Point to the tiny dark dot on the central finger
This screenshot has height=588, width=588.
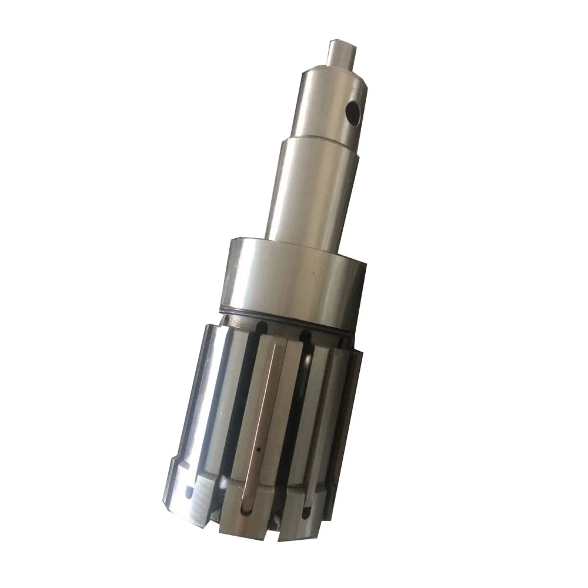[x=259, y=450]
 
